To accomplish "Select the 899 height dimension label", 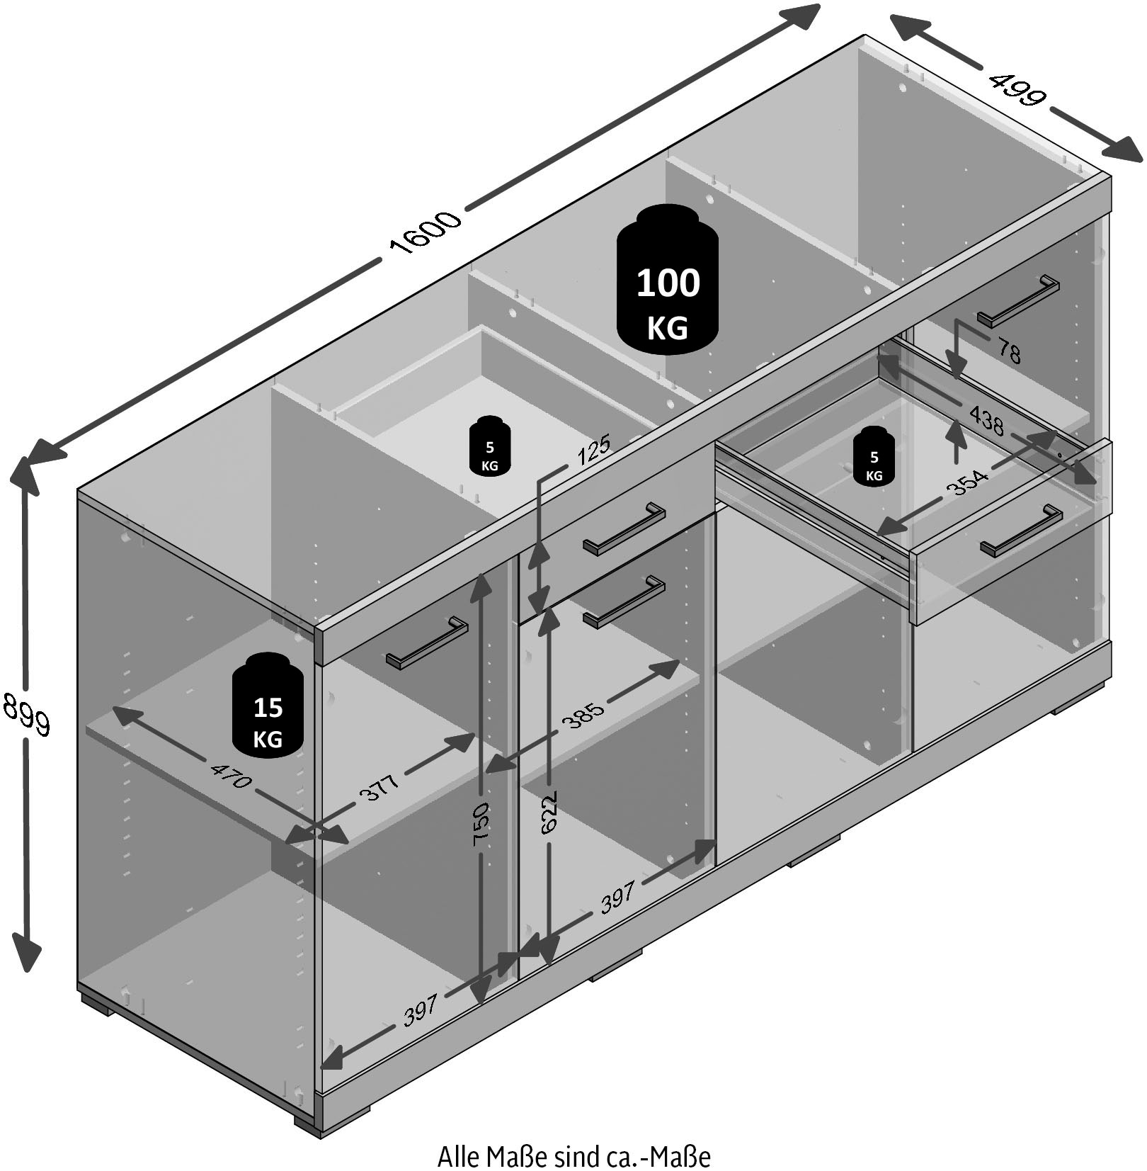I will (x=27, y=714).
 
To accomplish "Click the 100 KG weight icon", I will (x=668, y=281).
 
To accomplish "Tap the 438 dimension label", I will (x=986, y=420).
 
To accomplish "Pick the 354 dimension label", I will (x=967, y=482).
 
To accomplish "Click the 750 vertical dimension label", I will (x=481, y=825).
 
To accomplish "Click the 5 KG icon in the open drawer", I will (x=874, y=455).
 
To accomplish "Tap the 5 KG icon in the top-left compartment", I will (x=489, y=446).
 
